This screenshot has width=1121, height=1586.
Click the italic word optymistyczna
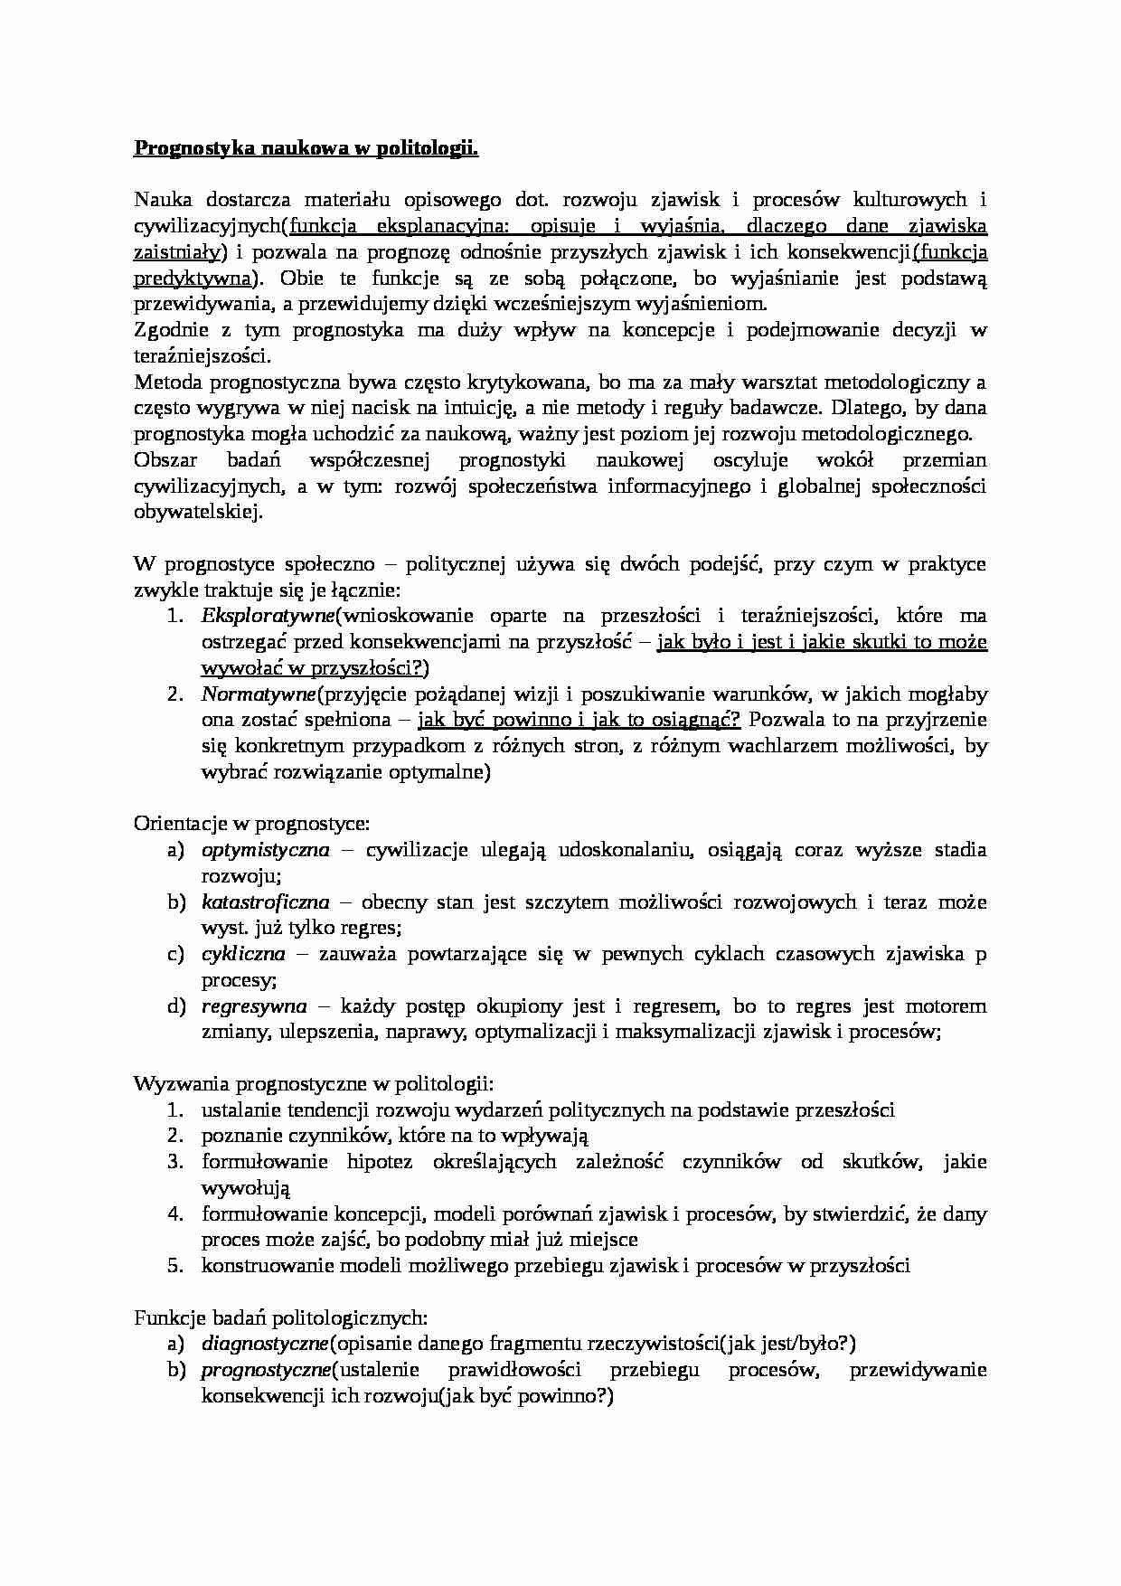[x=265, y=850]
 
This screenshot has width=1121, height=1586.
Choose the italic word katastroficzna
[x=265, y=902]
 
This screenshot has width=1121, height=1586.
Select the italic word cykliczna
[x=242, y=954]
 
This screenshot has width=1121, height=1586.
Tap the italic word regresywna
[x=253, y=1006]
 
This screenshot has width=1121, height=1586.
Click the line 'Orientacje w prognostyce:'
[x=251, y=824]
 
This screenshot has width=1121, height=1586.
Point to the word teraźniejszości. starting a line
[x=201, y=356]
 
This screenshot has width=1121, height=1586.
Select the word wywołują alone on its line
[x=245, y=1188]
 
